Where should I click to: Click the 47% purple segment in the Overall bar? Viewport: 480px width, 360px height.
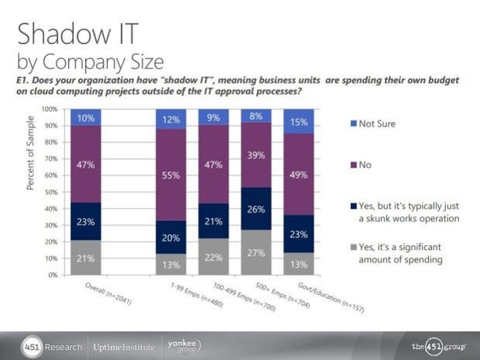85,164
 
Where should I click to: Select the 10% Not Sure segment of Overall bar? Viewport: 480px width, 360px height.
85,117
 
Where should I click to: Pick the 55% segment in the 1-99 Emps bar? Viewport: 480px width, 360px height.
170,176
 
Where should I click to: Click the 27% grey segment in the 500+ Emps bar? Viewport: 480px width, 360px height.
255,252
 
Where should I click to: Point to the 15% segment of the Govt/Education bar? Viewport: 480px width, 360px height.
299,121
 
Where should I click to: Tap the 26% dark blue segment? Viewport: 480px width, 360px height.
255,209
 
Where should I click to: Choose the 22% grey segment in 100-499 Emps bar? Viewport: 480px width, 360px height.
213,256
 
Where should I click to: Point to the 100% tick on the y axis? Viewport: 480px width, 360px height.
50,110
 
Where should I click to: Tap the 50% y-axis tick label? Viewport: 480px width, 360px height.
52,192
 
